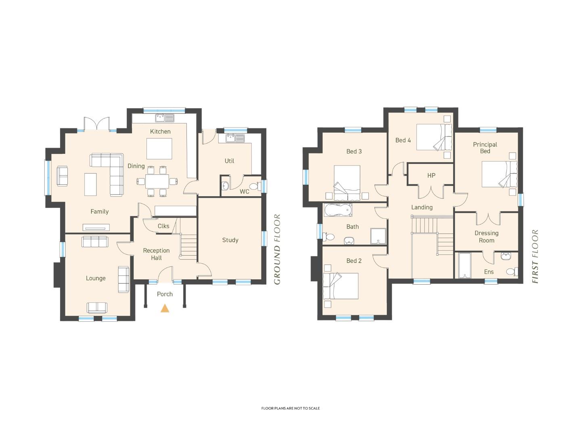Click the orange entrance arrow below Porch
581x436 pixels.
coord(165,308)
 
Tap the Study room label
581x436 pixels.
coord(230,240)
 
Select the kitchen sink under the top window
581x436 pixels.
coord(165,118)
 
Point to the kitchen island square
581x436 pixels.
coord(159,149)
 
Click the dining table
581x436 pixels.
coord(157,181)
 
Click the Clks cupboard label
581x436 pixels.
coord(163,226)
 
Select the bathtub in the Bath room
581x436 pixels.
coord(338,210)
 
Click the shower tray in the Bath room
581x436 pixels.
coord(378,236)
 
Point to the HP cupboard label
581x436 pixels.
coord(431,176)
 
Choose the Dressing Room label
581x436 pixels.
coord(487,237)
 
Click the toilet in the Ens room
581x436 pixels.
coord(512,271)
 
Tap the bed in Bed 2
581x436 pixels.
coord(341,286)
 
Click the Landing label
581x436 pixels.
coord(422,207)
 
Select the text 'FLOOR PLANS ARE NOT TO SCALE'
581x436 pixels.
coord(290,409)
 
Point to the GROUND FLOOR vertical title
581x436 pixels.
coord(277,249)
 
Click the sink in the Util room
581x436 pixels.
coord(235,138)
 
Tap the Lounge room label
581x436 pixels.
coord(96,278)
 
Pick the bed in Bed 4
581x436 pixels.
coord(435,137)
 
